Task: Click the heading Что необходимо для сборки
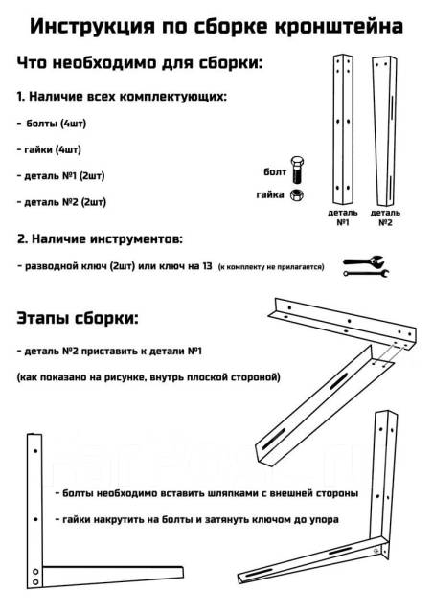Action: (140, 63)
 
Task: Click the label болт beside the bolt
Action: (275, 172)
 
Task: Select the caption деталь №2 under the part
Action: (385, 216)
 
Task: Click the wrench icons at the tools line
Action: (365, 266)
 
